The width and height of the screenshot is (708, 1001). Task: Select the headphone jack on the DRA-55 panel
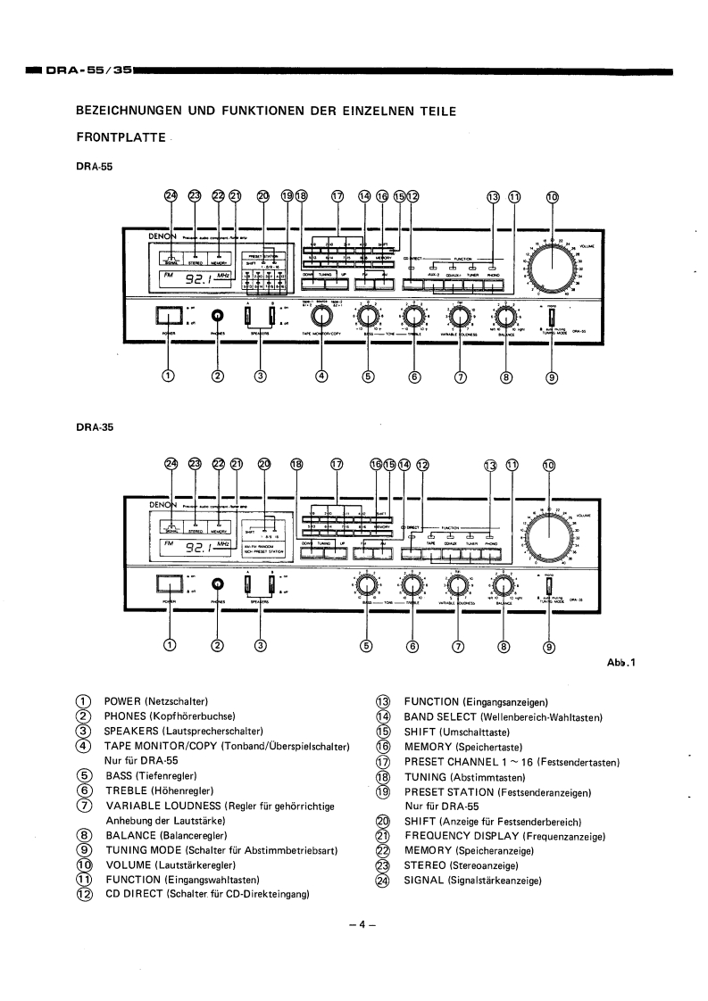pos(217,316)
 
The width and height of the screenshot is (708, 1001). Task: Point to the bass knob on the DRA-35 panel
pos(366,585)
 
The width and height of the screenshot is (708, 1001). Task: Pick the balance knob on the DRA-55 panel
pos(506,317)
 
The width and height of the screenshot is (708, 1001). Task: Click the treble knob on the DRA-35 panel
pos(412,585)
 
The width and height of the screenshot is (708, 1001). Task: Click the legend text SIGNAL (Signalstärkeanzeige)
pos(474,881)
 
